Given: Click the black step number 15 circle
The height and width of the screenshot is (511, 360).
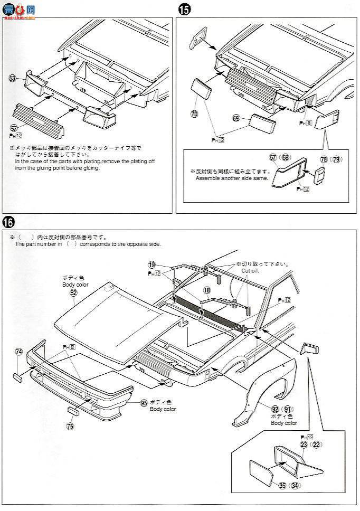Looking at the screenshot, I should [x=183, y=9].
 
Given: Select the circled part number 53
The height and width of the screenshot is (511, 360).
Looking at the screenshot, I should [x=13, y=78].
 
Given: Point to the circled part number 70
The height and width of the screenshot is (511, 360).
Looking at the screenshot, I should [x=194, y=113].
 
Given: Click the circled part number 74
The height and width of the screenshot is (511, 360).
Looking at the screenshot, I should [x=19, y=351].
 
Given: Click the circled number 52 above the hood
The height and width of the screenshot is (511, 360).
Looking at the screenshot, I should [x=73, y=292].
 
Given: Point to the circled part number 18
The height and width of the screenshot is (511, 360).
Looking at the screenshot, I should [x=206, y=290].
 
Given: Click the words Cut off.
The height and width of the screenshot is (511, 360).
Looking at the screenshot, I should [x=251, y=270].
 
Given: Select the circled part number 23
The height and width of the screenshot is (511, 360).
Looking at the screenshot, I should [x=304, y=444].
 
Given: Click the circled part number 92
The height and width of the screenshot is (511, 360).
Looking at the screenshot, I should [x=274, y=408].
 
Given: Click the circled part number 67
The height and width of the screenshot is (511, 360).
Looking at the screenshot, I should [x=273, y=157].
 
